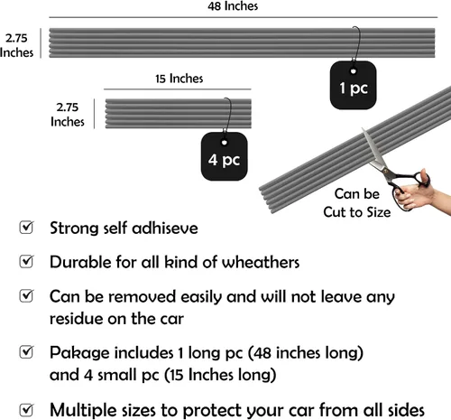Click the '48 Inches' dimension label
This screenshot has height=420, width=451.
click(x=233, y=5)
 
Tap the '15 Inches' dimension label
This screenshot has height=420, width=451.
click(x=179, y=79)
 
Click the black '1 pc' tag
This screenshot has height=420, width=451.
click(x=354, y=85)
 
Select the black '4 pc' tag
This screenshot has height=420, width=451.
click(x=225, y=156)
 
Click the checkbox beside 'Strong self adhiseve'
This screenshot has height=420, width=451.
click(x=26, y=228)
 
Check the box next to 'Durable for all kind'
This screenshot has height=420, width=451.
click(x=26, y=261)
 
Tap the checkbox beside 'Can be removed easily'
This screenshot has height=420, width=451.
click(x=26, y=295)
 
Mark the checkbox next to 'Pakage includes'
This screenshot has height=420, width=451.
click(x=26, y=351)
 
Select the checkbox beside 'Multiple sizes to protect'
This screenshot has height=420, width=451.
click(x=26, y=409)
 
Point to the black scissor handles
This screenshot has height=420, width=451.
click(x=408, y=188)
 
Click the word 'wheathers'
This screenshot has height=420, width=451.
click(x=261, y=262)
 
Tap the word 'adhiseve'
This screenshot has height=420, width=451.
click(x=165, y=228)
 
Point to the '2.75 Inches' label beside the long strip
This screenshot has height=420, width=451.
click(x=16, y=45)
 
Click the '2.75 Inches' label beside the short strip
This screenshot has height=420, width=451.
click(x=68, y=115)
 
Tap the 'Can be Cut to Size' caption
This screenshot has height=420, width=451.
click(x=357, y=203)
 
